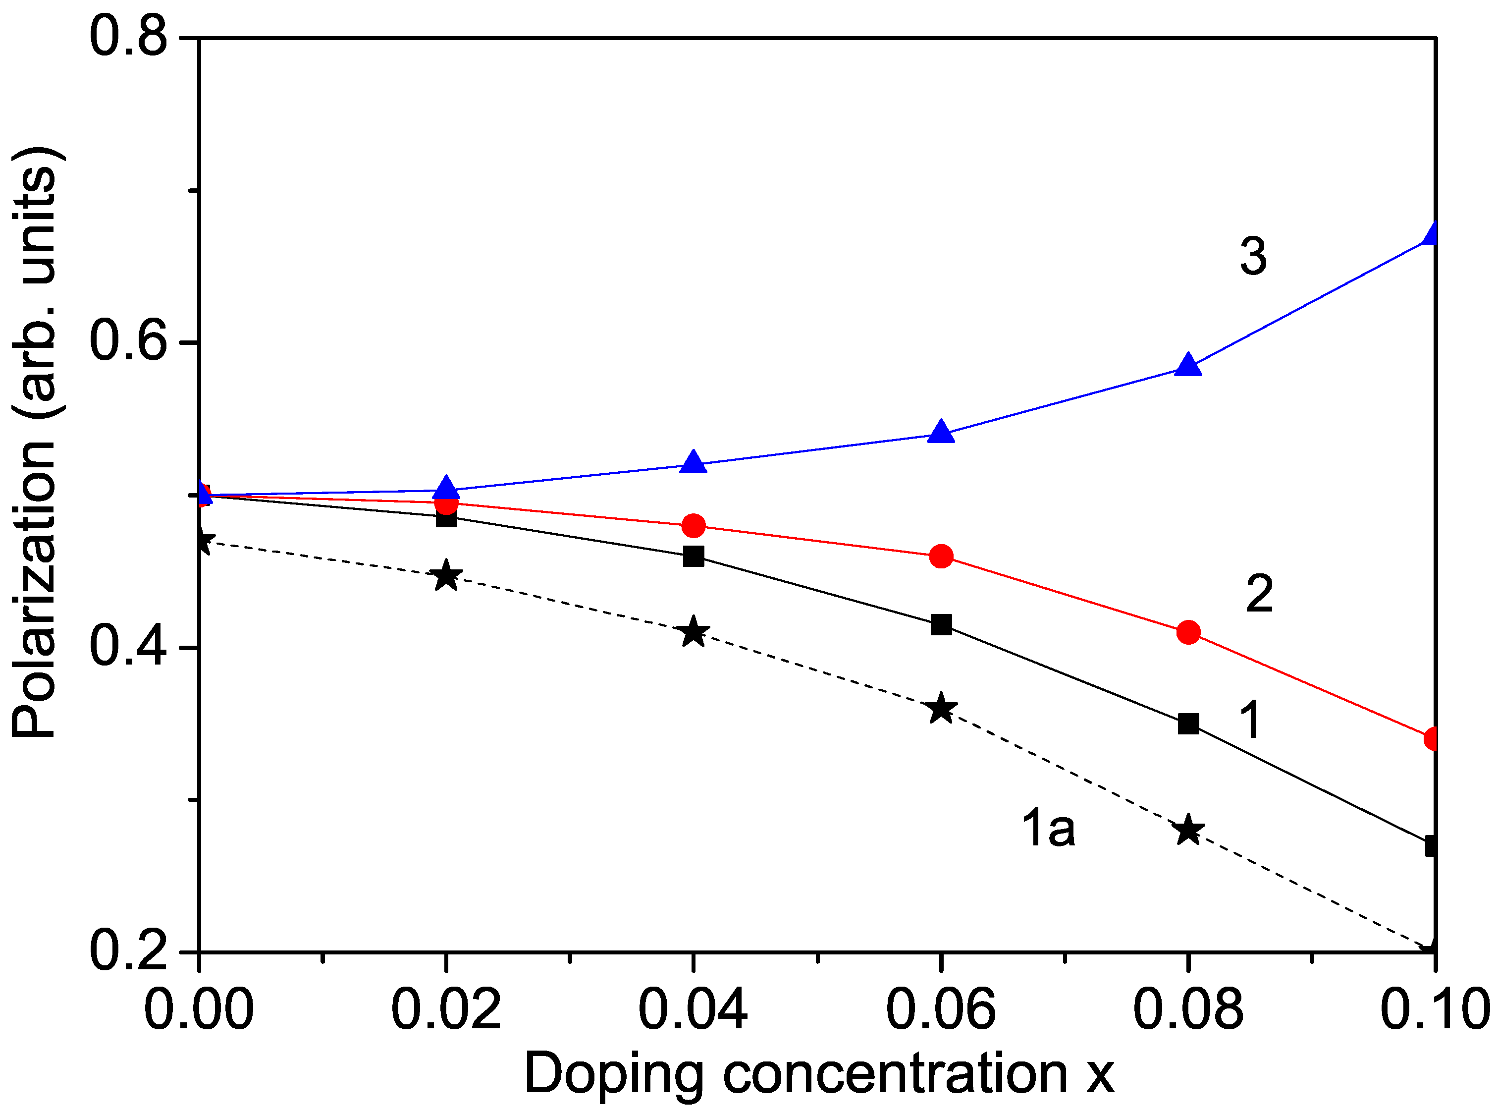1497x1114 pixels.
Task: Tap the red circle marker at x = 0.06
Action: coord(941,557)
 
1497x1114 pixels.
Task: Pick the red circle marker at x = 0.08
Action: coord(1188,632)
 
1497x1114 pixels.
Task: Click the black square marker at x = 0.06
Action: coord(941,624)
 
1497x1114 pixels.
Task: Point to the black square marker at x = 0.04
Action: coord(693,557)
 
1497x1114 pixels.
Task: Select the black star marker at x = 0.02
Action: coord(445,576)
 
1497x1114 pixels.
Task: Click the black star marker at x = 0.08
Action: coord(1188,830)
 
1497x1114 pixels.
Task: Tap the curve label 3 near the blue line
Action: coord(1252,257)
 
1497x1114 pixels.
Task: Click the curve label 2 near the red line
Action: coord(1258,594)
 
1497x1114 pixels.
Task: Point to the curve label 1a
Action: coord(1048,828)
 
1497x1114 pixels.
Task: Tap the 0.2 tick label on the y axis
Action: coord(128,951)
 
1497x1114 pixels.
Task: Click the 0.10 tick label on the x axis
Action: coord(1434,1009)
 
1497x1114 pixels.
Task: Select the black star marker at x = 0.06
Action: coord(941,709)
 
